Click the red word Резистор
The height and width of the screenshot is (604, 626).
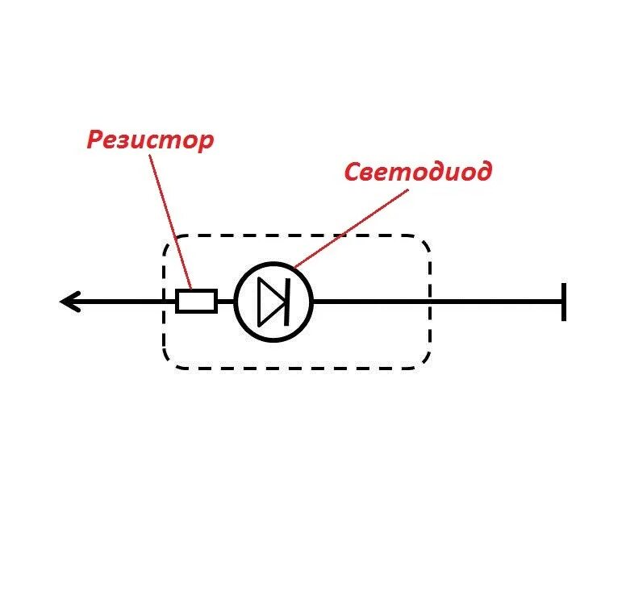point(150,140)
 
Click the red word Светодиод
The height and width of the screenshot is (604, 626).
point(418,172)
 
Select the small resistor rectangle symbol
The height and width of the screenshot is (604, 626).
point(196,302)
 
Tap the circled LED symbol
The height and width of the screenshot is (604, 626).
point(273,302)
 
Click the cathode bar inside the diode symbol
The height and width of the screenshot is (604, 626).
point(286,302)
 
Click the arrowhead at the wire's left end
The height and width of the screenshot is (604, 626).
point(68,302)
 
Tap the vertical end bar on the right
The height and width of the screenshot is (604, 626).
point(563,302)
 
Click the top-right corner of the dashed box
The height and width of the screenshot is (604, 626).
point(423,242)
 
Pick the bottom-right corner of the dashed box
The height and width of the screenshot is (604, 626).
point(423,362)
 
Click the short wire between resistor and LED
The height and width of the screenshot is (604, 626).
point(225,302)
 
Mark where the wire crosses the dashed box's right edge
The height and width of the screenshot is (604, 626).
point(430,302)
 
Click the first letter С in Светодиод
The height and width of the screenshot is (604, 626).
point(353,172)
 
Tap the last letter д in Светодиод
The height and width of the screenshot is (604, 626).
point(482,173)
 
